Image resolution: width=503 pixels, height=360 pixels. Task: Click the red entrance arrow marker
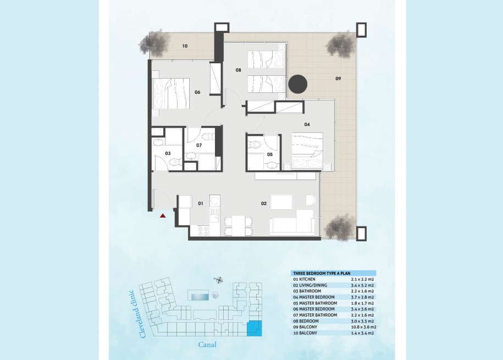click(x=163, y=215)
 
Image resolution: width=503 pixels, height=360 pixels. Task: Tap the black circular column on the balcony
click(x=298, y=85)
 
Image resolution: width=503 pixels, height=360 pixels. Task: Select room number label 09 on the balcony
click(x=338, y=79)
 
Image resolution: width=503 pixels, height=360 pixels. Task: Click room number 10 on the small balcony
click(x=185, y=46)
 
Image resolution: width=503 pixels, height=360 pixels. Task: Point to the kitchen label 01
click(x=201, y=203)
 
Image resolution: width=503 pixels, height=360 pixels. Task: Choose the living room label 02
click(x=264, y=203)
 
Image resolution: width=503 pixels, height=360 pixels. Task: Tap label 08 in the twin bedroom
click(x=238, y=70)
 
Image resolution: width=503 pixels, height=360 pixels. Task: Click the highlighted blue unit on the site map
click(x=255, y=328)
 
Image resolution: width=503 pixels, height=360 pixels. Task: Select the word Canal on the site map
click(x=207, y=345)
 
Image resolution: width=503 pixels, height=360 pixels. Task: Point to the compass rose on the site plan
click(x=219, y=280)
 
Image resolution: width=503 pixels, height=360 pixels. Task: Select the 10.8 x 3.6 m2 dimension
click(x=363, y=327)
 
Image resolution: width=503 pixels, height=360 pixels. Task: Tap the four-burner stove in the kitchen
click(x=204, y=231)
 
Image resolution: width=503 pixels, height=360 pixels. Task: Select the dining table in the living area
click(x=238, y=226)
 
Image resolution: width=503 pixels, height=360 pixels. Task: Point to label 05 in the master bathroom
click(x=270, y=154)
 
